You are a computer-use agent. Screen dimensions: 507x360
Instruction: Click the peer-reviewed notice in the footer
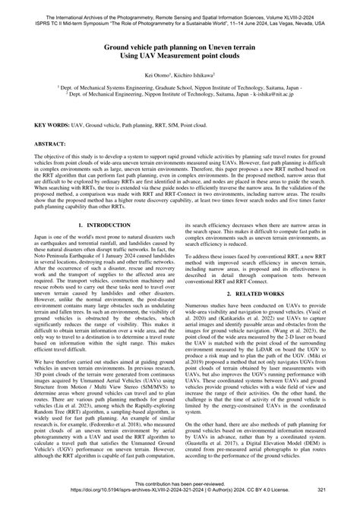click(179, 492)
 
